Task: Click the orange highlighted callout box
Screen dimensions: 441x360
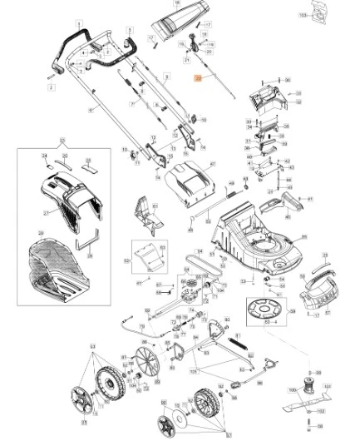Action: tap(198, 77)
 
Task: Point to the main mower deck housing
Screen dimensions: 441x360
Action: tap(254, 241)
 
